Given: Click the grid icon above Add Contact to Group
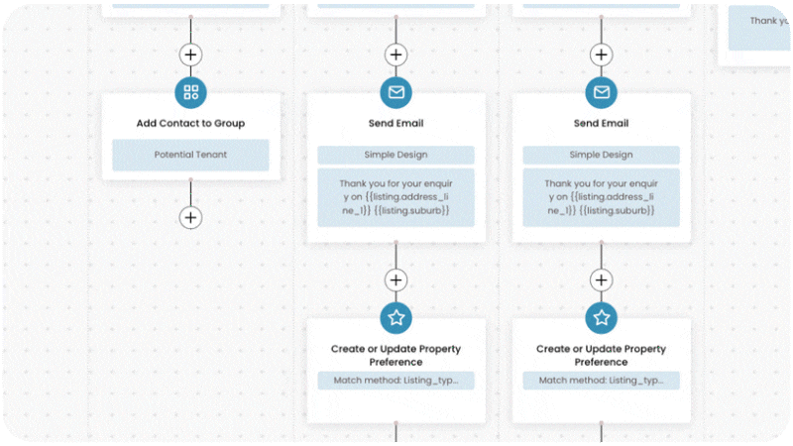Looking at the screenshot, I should click(190, 93).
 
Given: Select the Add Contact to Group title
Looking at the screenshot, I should click(190, 124).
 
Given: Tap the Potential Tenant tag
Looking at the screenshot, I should click(190, 155).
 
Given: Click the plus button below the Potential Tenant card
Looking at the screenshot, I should click(190, 217).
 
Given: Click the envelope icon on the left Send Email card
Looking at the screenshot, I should click(396, 93).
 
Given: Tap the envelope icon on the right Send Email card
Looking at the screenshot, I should click(601, 93).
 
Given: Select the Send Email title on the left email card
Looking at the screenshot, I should click(396, 124).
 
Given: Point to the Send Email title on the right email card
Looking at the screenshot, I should click(601, 124).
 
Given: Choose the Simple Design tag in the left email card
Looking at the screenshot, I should click(396, 155).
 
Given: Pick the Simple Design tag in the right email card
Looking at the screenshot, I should click(601, 155).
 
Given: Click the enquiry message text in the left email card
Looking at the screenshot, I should click(396, 196).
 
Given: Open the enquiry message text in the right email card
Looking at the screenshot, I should click(601, 196).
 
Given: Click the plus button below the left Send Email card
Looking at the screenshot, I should click(396, 280).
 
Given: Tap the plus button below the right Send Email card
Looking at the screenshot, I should click(601, 280).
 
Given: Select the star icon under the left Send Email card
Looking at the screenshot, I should click(396, 318).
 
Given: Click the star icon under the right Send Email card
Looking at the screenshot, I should click(601, 318).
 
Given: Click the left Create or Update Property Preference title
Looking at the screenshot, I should click(396, 355).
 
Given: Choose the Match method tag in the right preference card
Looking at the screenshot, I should click(601, 381).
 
